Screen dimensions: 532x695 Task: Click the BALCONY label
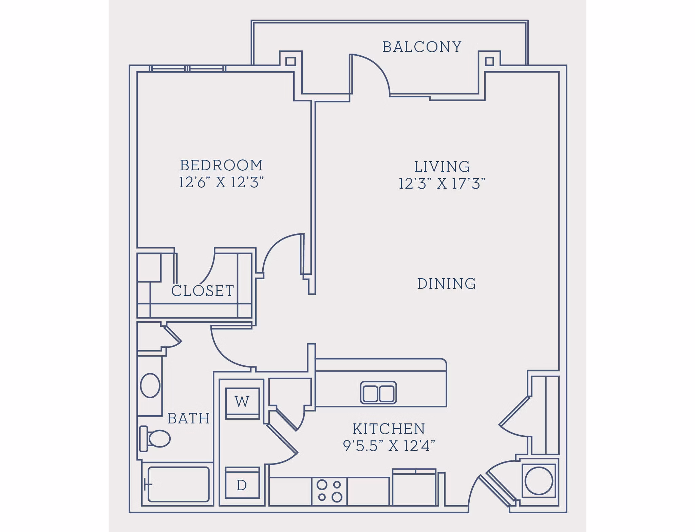coord(422,47)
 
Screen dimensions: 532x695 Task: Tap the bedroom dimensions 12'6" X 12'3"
coord(221,183)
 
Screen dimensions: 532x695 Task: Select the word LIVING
coord(442,167)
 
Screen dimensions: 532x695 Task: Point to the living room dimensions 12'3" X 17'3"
coord(442,184)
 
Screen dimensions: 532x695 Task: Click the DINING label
coord(446,284)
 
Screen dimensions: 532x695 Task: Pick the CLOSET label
coord(203,291)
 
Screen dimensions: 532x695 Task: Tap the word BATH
coord(189,418)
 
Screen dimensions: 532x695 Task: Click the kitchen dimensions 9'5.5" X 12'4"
coord(389,446)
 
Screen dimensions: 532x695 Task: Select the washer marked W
coord(242,402)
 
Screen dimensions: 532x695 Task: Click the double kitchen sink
coord(378,393)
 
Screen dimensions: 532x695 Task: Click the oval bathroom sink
coord(150,385)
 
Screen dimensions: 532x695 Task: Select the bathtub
coord(179,484)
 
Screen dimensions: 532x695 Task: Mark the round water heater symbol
coord(539,480)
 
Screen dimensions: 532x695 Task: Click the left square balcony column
coord(290,61)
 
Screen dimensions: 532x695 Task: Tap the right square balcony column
coord(489,61)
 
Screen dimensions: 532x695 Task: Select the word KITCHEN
coord(389,429)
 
